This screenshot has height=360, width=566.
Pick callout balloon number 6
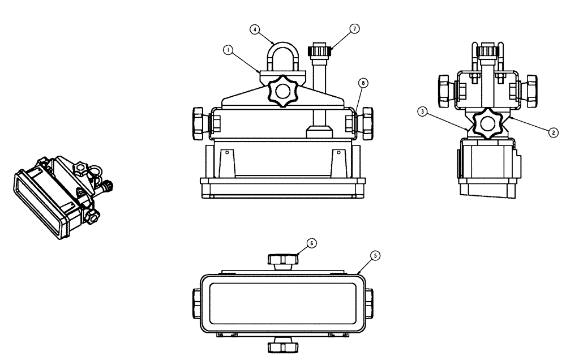[311, 242]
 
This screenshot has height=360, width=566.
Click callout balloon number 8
[363, 83]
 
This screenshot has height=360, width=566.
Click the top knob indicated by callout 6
[282, 260]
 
